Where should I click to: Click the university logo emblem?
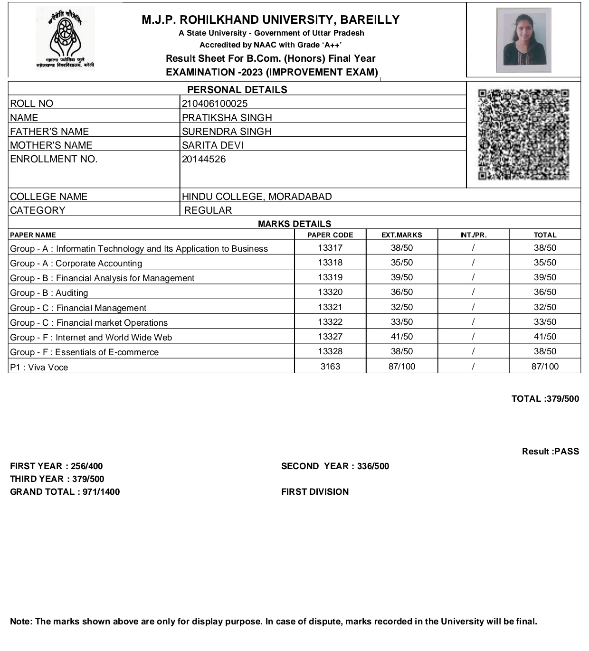click(65, 38)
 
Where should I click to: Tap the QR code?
click(523, 134)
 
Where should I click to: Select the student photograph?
click(523, 40)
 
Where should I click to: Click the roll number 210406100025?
click(215, 104)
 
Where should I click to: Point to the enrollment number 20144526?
click(204, 159)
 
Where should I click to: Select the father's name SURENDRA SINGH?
click(227, 132)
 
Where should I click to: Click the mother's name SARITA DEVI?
click(212, 145)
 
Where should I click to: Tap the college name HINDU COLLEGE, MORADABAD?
click(256, 197)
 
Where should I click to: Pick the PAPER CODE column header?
click(330, 235)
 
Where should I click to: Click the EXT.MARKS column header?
click(401, 235)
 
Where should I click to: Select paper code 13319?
click(330, 277)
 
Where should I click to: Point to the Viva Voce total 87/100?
click(545, 367)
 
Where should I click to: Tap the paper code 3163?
click(330, 367)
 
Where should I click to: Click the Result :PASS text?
click(550, 452)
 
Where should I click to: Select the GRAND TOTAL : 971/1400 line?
click(65, 492)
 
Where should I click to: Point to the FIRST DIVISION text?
click(314, 492)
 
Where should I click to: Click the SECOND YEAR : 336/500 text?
click(335, 466)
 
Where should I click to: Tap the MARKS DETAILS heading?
click(294, 224)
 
